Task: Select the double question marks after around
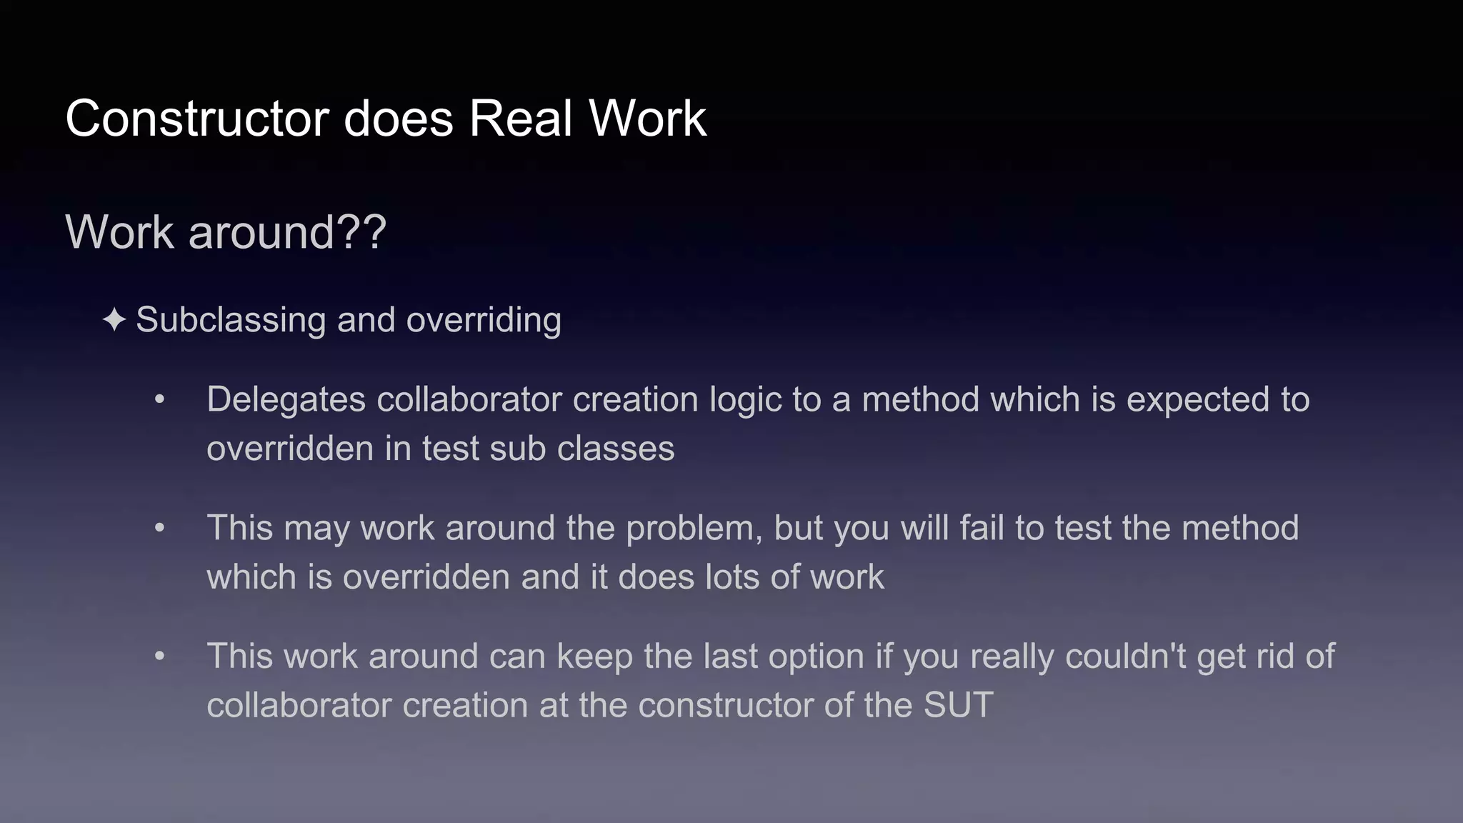[361, 232]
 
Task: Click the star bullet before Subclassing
[114, 319]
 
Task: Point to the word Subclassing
[231, 319]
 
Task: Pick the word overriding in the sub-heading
[484, 319]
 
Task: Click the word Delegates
[286, 399]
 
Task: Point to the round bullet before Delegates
[160, 399]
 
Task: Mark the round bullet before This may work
[160, 528]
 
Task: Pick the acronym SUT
[958, 705]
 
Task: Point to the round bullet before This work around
[160, 657]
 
